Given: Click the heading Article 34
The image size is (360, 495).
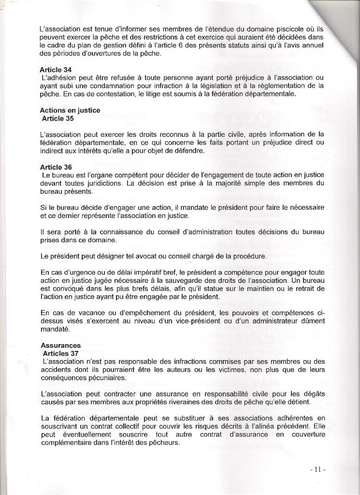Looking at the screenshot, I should coord(56,70).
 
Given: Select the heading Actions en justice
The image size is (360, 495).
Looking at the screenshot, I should coord(70,110).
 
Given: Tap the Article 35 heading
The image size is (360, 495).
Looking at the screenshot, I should coord(58,118).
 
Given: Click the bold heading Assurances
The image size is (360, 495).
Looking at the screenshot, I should coord(60,346).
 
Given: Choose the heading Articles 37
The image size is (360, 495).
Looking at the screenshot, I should coord(60,353).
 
